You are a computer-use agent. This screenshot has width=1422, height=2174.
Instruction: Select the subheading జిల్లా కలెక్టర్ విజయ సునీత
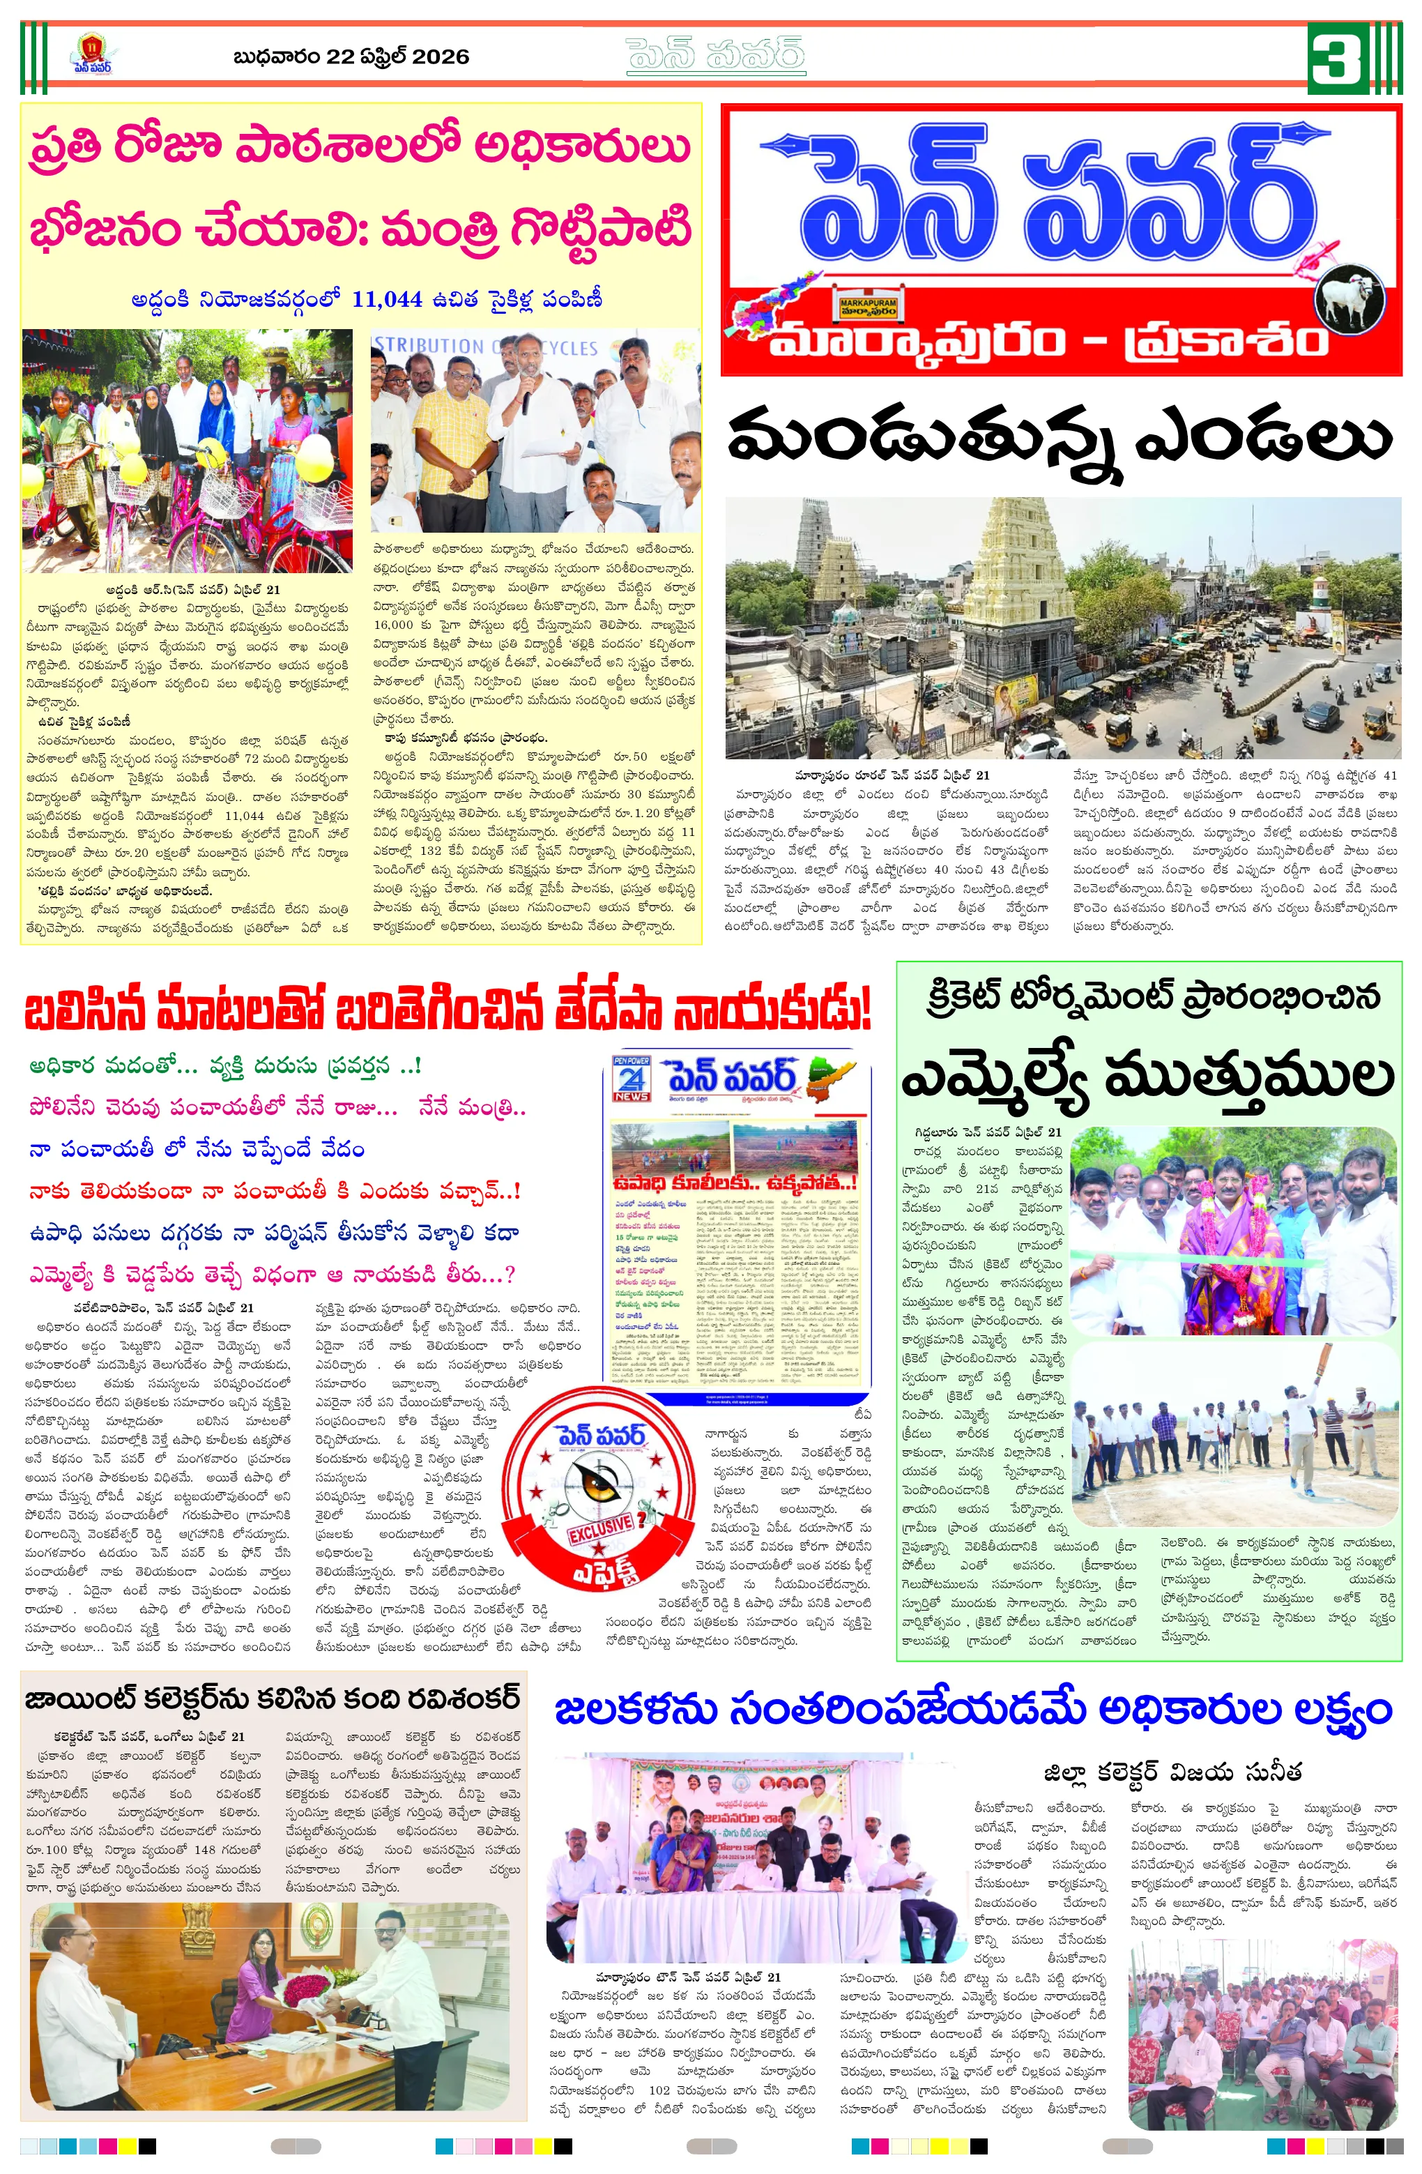pyautogui.click(x=1172, y=1771)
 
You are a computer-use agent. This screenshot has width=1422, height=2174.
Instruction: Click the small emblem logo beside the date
pyautogui.click(x=91, y=55)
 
